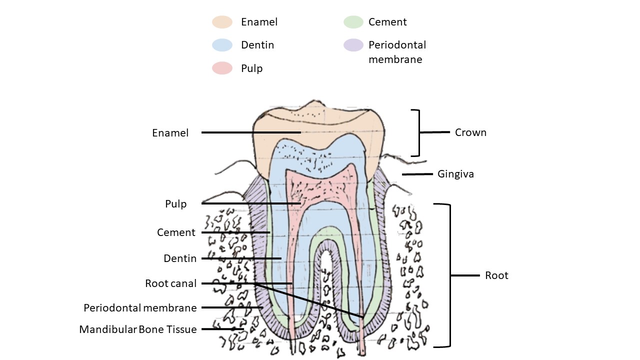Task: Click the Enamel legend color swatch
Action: pyautogui.click(x=222, y=22)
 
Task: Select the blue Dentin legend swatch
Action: pyautogui.click(x=222, y=45)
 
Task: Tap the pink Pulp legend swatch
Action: pyautogui.click(x=222, y=68)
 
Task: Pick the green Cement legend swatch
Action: pyautogui.click(x=353, y=22)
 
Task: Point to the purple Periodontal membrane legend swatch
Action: pyautogui.click(x=353, y=45)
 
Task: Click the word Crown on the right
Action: pyautogui.click(x=470, y=132)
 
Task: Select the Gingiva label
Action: pyautogui.click(x=455, y=174)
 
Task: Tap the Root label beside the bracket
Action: pyautogui.click(x=496, y=275)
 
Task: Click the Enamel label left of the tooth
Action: pyautogui.click(x=170, y=133)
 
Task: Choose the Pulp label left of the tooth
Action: pyautogui.click(x=176, y=204)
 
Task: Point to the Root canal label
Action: pyautogui.click(x=171, y=283)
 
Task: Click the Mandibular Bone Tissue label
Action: pyautogui.click(x=138, y=329)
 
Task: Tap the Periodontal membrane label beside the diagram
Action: pyautogui.click(x=140, y=307)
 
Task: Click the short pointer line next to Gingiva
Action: pyautogui.click(x=417, y=174)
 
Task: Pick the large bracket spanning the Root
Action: pyautogui.click(x=450, y=275)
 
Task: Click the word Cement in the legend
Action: pyautogui.click(x=387, y=22)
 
